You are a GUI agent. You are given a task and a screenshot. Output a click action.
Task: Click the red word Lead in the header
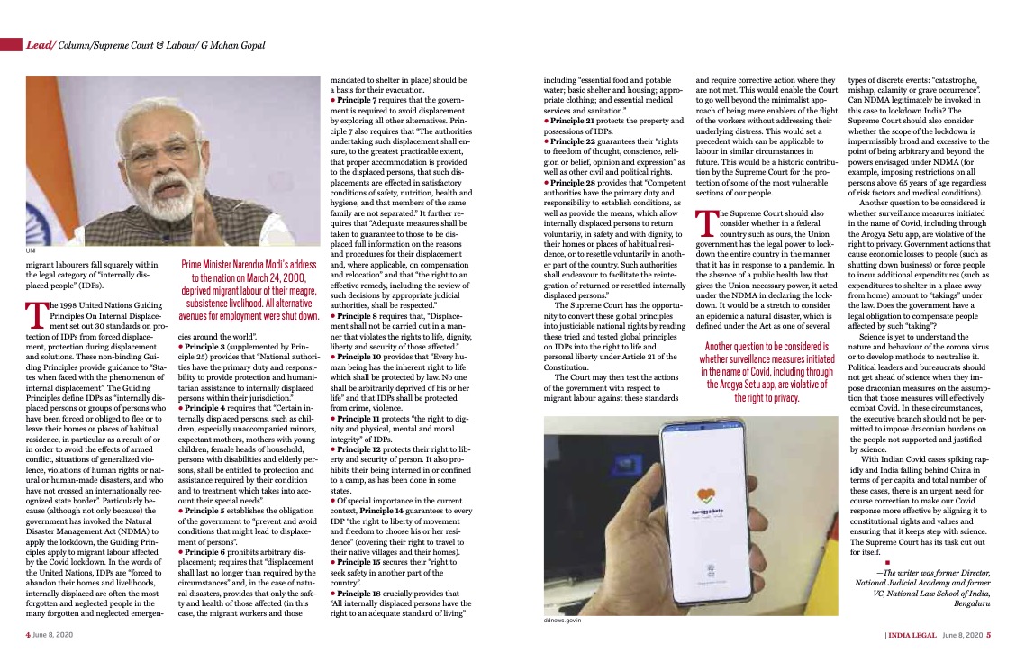pyautogui.click(x=38, y=44)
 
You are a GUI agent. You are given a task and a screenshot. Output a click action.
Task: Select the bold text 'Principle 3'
pyautogui.click(x=203, y=346)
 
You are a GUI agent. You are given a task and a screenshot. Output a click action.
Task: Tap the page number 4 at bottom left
pyautogui.click(x=27, y=634)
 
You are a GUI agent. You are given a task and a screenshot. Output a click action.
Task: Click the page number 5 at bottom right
pyautogui.click(x=988, y=634)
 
